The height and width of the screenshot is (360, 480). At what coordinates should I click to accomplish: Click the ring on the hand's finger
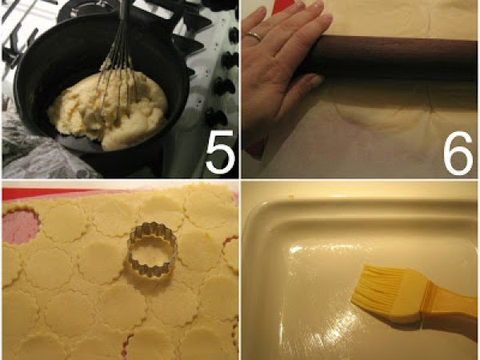[254, 37]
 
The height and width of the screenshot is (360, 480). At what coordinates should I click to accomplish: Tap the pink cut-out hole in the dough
[20, 226]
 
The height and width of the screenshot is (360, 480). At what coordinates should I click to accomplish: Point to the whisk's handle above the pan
[123, 15]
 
